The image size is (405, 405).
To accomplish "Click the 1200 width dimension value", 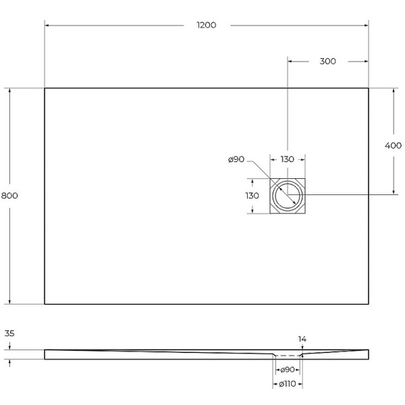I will (x=206, y=25).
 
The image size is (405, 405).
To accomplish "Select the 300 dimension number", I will (x=327, y=61).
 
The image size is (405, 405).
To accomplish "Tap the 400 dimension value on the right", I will (x=393, y=145).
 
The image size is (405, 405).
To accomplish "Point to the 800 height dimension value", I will (x=9, y=195).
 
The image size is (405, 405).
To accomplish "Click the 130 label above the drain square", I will (x=288, y=159).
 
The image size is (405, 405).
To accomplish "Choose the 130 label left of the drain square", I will (x=252, y=195).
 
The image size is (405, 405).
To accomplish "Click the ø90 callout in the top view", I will (x=236, y=159).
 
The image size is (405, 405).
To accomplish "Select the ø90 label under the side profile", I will (x=288, y=370).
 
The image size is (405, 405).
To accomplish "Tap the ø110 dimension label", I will (x=288, y=384).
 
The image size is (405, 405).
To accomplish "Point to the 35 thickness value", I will (x=9, y=333).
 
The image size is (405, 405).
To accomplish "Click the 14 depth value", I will (x=302, y=339).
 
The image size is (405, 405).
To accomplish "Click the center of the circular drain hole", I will (x=288, y=195).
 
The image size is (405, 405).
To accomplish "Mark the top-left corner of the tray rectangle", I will (x=45, y=88).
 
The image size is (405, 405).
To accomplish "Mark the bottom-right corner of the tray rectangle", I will (x=369, y=304).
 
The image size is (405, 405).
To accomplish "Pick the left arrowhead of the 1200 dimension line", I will (x=47, y=25).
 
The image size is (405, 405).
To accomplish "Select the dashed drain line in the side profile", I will (x=288, y=355).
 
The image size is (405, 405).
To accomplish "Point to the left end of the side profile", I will (x=45, y=354).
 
